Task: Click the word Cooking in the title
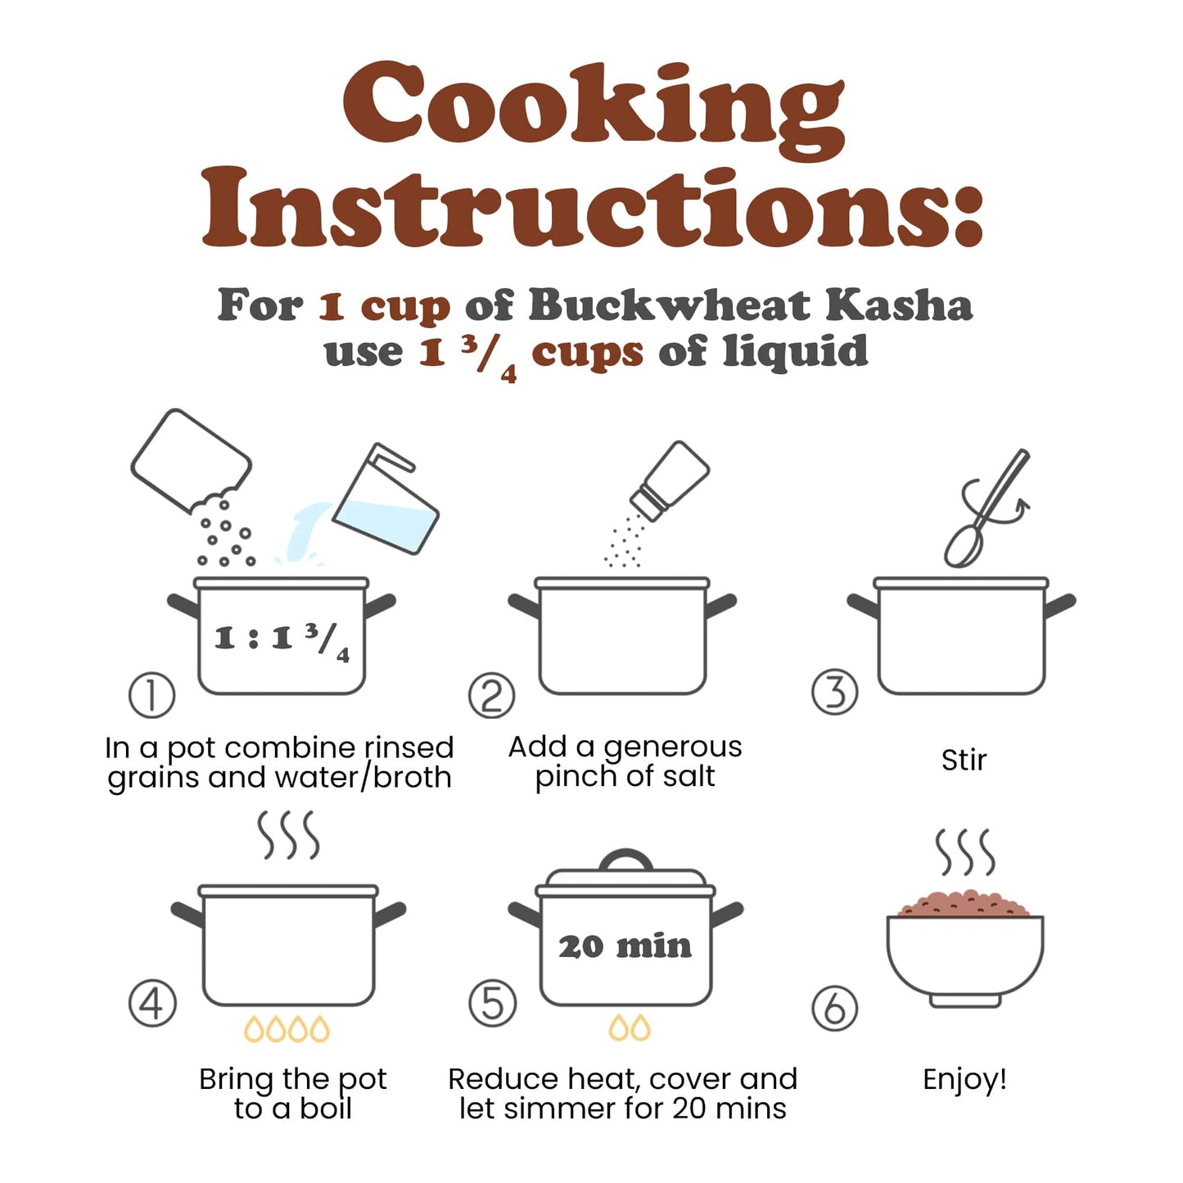[593, 111]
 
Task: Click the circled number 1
[151, 695]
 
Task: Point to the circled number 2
[492, 695]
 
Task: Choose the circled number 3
[834, 691]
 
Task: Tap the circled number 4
[152, 1005]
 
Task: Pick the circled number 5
[492, 1005]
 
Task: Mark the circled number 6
[834, 1009]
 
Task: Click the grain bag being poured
[191, 462]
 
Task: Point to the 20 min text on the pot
[625, 946]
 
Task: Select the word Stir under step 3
[964, 760]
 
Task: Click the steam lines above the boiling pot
[288, 835]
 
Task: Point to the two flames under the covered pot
[630, 1027]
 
